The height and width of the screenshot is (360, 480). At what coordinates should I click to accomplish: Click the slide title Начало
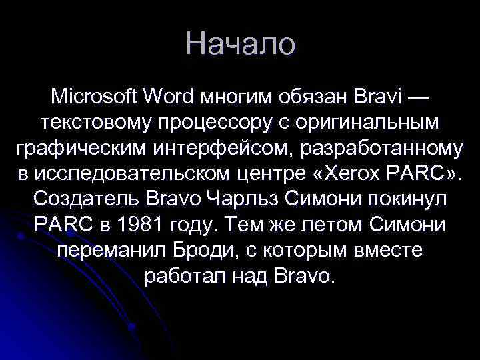(240, 44)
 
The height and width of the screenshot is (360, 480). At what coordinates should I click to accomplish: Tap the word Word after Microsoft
(168, 97)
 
